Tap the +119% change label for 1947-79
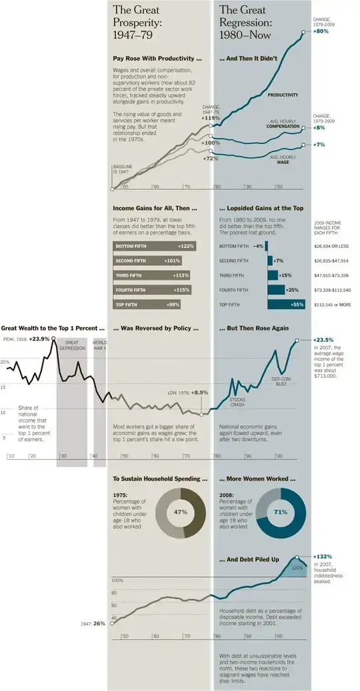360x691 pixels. click(211, 118)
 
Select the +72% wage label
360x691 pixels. click(211, 159)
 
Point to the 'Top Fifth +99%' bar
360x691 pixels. click(152, 304)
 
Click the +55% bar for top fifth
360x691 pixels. click(286, 304)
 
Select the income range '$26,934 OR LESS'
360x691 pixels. click(332, 246)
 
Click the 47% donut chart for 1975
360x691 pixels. click(179, 512)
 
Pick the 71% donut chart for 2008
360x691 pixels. click(281, 512)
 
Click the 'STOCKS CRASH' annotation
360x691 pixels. click(237, 401)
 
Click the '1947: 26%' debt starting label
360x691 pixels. click(94, 624)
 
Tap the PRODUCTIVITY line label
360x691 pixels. click(283, 95)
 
